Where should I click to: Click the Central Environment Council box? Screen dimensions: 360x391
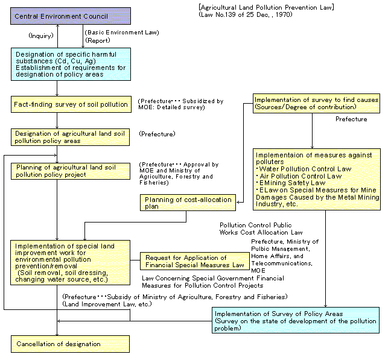pos(52,16)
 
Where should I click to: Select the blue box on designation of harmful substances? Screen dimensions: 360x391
pos(70,64)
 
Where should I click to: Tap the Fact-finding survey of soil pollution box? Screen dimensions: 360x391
pos(71,104)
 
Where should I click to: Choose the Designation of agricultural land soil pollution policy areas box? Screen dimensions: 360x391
pos(71,137)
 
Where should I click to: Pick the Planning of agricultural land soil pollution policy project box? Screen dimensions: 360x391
pos(71,171)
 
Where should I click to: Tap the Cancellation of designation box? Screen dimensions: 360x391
pos(70,344)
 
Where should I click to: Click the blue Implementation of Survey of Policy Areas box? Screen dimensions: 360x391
pos(295,320)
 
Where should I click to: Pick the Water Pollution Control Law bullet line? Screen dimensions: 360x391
pos(305,169)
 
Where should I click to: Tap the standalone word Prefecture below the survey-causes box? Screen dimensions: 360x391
pos(351,119)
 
